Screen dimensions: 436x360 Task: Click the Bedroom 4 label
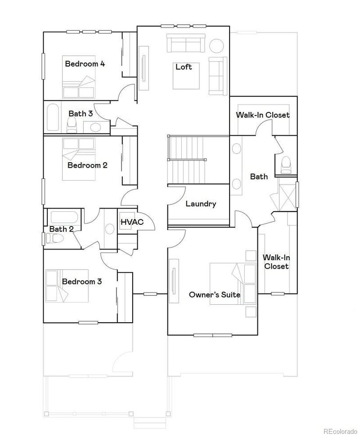(85, 64)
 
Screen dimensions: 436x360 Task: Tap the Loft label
(184, 67)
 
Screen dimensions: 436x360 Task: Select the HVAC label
(132, 222)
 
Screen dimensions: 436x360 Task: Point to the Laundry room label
(201, 204)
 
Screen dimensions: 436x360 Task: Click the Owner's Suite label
(214, 295)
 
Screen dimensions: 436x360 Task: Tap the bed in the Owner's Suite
(233, 283)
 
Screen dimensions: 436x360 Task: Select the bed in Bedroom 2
(79, 153)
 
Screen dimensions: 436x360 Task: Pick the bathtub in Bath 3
(53, 117)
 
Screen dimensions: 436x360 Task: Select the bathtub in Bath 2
(64, 217)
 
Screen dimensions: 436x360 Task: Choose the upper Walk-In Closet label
(263, 115)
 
